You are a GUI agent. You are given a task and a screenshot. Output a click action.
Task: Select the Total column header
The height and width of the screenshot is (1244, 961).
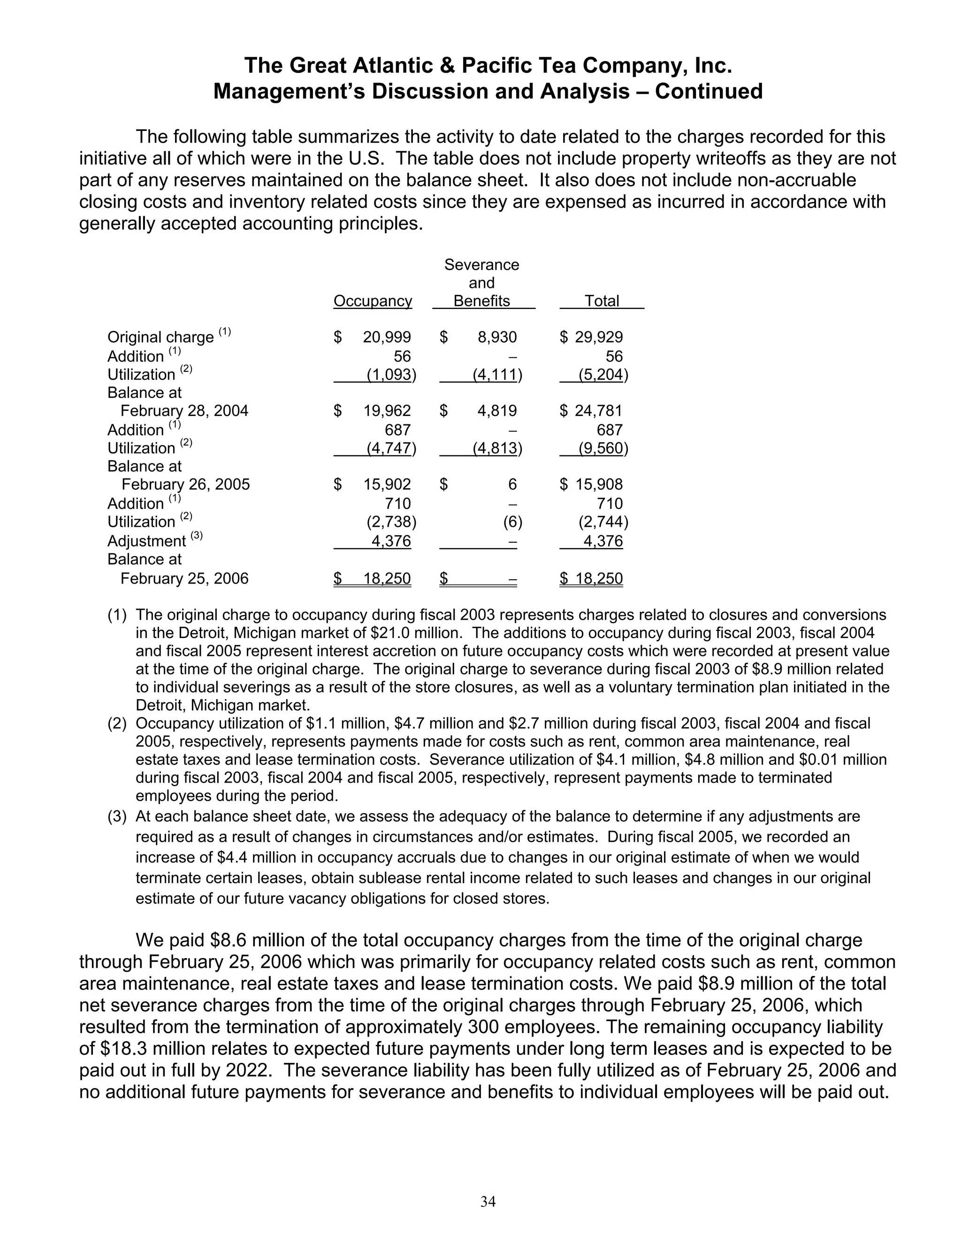tap(602, 301)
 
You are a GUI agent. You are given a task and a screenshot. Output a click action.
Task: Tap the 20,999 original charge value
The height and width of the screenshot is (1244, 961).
tap(387, 337)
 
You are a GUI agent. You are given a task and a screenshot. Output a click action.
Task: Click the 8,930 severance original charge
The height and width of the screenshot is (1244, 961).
tap(497, 337)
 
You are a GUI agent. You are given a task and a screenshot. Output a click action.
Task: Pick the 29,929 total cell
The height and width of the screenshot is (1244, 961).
tap(598, 337)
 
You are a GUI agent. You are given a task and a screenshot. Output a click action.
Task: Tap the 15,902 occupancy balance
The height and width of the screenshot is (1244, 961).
tap(387, 484)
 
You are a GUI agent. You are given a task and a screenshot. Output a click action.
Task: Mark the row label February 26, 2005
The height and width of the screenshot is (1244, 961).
tap(186, 484)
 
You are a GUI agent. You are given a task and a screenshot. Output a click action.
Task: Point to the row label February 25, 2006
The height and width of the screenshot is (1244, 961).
tap(184, 579)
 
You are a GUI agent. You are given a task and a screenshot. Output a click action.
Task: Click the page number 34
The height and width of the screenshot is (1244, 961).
tap(488, 1201)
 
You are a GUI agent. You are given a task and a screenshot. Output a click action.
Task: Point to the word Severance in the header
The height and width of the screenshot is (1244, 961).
tap(481, 265)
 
